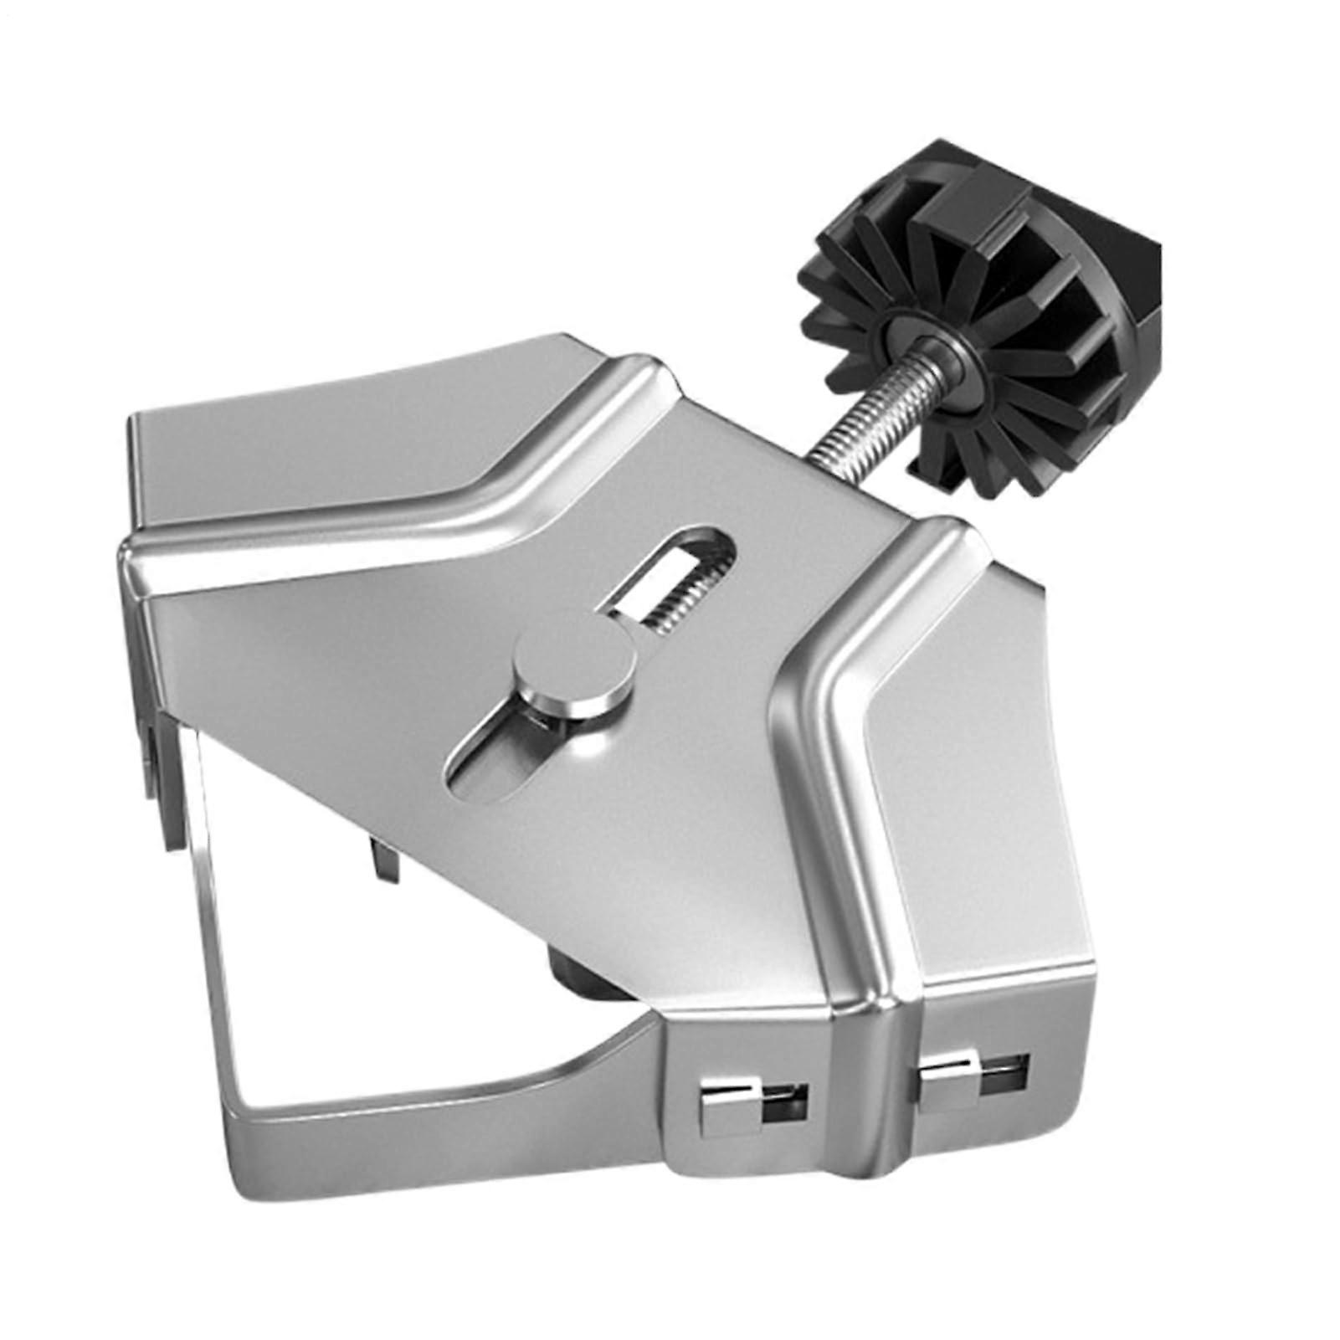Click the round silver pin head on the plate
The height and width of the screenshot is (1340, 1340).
point(572,662)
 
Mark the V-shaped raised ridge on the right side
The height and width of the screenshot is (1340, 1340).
point(845,670)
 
